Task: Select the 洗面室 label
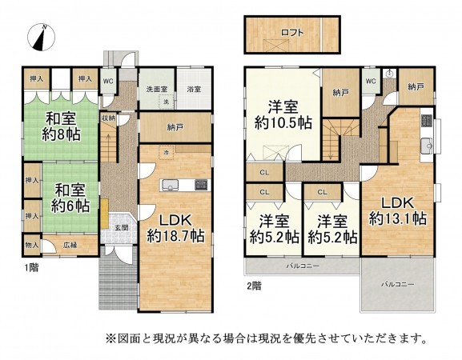point(155,90)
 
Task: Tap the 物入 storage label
point(33,245)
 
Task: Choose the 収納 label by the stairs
point(108,118)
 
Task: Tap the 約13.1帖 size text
point(396,218)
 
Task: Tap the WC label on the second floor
point(371,81)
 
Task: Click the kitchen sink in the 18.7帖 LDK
point(172,186)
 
